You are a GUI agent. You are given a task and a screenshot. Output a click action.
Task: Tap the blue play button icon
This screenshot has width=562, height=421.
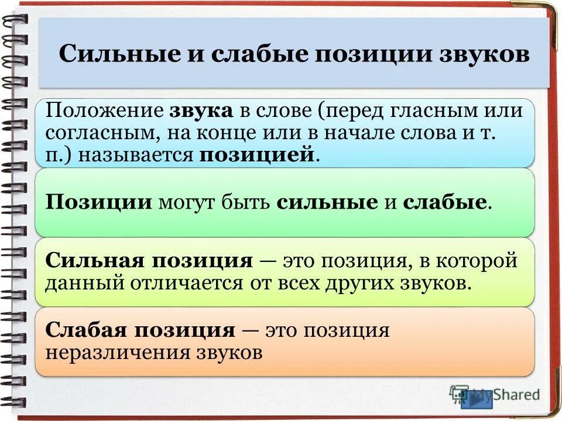[477, 399]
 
